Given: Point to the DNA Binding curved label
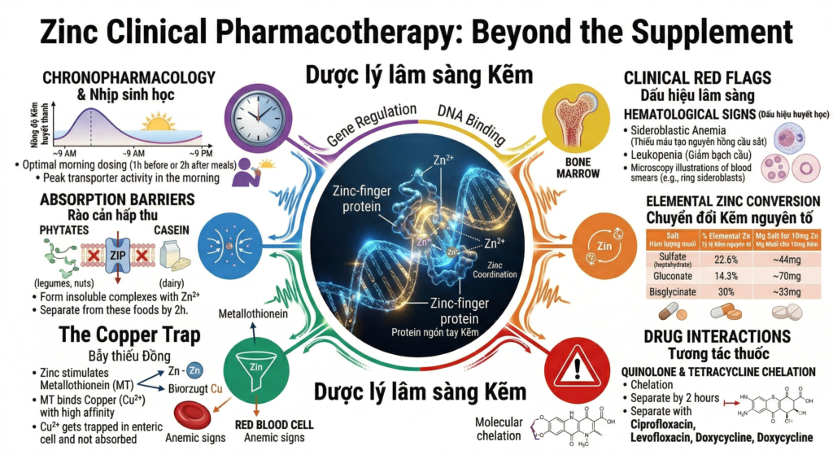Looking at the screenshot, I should click(473, 122).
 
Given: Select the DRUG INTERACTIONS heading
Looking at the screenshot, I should click(715, 336).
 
